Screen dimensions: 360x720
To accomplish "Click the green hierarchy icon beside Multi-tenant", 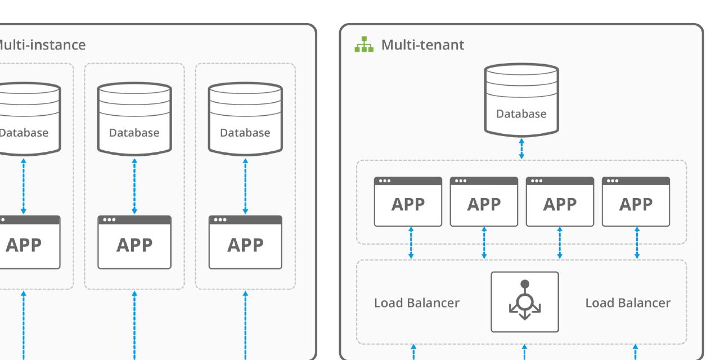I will tap(364, 44).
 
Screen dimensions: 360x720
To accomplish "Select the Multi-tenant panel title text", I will tap(423, 45).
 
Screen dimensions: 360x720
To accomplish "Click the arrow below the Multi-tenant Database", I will tap(521, 149).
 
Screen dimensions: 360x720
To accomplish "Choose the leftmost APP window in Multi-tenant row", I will tap(408, 202).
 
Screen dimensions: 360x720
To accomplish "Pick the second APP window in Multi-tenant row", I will tap(484, 202).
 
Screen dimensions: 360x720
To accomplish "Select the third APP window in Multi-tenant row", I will tap(560, 202).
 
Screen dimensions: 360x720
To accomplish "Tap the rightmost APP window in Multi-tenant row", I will tap(636, 202).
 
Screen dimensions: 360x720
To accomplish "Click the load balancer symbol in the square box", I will tap(524, 302).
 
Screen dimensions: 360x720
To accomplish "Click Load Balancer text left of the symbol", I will tap(417, 303).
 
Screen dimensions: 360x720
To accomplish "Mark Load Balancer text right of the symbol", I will tap(628, 303).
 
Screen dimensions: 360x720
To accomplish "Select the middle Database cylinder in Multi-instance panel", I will tap(134, 119).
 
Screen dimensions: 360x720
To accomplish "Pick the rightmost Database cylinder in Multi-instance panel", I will tap(245, 119).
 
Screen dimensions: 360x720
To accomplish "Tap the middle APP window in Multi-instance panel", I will tap(134, 242).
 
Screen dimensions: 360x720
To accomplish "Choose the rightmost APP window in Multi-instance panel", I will tap(245, 242).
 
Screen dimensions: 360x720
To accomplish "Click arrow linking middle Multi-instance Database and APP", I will tap(134, 186).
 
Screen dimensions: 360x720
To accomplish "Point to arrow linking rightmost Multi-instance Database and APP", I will tap(245, 186).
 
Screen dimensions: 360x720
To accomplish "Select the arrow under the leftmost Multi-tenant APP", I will tap(411, 242).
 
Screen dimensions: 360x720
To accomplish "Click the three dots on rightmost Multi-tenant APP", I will tap(611, 181).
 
